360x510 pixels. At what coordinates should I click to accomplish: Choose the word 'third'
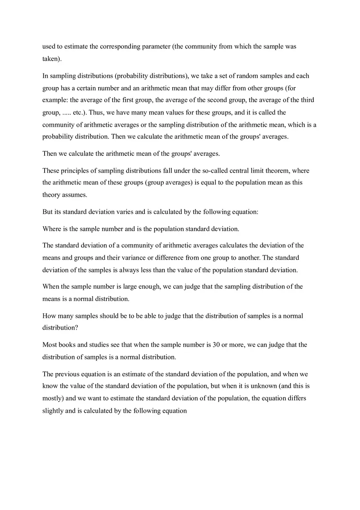pos(308,100)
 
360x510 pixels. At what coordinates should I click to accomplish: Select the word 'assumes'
pos(74,195)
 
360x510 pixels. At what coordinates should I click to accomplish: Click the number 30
pos(216,345)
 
